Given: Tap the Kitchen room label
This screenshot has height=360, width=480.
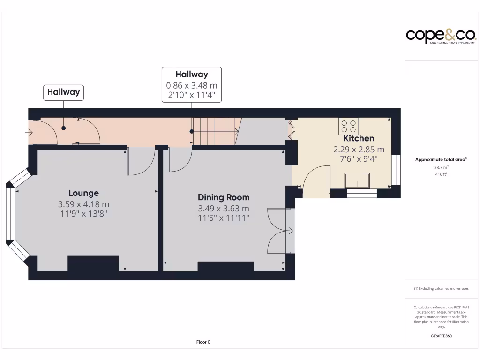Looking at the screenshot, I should (x=359, y=138).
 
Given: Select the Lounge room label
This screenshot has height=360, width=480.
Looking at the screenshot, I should (x=83, y=193).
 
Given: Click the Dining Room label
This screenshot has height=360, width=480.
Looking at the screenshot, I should (x=224, y=197).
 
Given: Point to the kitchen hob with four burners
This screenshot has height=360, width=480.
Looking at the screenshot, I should (x=348, y=126).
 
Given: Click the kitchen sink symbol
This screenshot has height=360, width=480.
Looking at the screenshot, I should (x=357, y=181).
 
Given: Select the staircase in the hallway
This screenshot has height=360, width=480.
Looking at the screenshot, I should (x=217, y=132).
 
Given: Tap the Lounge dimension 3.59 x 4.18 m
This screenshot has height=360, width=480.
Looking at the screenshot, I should (x=83, y=204).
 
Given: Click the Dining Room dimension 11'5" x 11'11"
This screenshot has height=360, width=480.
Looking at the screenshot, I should (x=224, y=217).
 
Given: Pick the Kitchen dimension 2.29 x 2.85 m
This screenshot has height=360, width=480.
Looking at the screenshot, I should (x=359, y=150).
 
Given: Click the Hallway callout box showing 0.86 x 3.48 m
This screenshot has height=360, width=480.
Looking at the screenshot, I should (x=192, y=85).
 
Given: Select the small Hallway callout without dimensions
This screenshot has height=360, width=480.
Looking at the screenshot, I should (x=63, y=92).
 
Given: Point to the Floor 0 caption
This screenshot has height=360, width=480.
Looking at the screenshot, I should (x=203, y=342).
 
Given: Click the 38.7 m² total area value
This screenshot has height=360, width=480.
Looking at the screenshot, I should (x=441, y=167).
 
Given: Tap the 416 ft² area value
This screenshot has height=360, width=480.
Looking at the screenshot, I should (x=441, y=174).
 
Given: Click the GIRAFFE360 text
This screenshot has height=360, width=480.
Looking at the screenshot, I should (x=441, y=336).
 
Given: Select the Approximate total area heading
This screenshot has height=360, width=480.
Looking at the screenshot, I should (x=441, y=159).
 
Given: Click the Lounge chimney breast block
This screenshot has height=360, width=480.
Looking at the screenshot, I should (x=93, y=263).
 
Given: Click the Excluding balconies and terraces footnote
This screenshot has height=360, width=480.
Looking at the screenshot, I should (x=441, y=289).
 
